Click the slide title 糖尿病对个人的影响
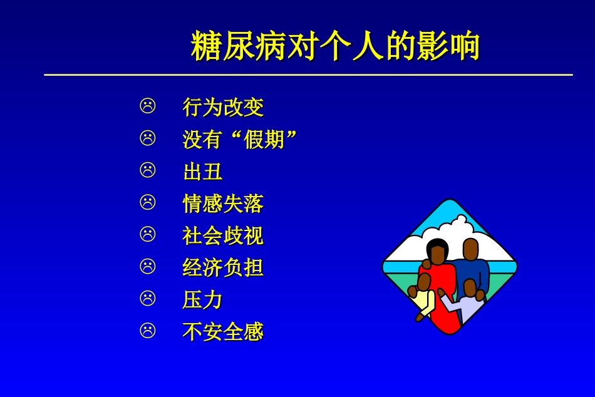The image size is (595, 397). pyautogui.click(x=335, y=47)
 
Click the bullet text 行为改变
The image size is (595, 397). pyautogui.click(x=223, y=107)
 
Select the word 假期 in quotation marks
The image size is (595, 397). pyautogui.click(x=264, y=139)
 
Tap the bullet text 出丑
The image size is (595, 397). pyautogui.click(x=202, y=172)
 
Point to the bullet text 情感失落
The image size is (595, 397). pyautogui.click(x=223, y=204)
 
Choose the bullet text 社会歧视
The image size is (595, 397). pyautogui.click(x=223, y=236)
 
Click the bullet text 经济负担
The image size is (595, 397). pyautogui.click(x=223, y=268)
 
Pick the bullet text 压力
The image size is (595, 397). pyautogui.click(x=202, y=300)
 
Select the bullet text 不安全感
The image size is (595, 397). pyautogui.click(x=223, y=332)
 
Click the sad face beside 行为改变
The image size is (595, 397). pyautogui.click(x=148, y=106)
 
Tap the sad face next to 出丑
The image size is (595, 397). pyautogui.click(x=148, y=170)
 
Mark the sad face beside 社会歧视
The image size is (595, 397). pyautogui.click(x=148, y=234)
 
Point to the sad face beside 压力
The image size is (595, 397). pyautogui.click(x=148, y=299)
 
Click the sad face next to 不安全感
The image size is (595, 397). pyautogui.click(x=148, y=331)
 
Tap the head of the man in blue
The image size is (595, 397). pyautogui.click(x=470, y=249)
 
